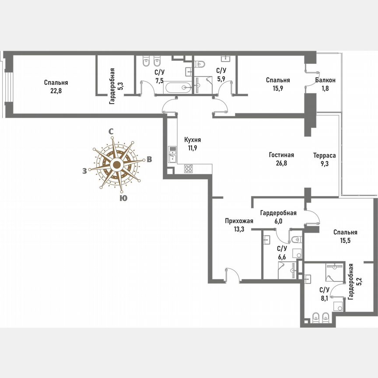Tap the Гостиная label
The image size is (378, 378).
click(281, 155)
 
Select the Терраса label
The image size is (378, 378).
click(324, 155)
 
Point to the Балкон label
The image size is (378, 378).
click(325, 80)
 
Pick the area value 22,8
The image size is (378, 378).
click(56, 91)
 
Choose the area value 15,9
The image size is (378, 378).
click(278, 89)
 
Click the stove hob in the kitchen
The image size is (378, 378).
click(189, 168)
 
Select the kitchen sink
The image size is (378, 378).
click(172, 155)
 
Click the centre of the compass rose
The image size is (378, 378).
click(116, 165)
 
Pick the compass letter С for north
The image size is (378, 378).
click(112, 131)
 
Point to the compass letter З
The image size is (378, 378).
click(84, 171)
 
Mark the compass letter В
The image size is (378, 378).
click(149, 159)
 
